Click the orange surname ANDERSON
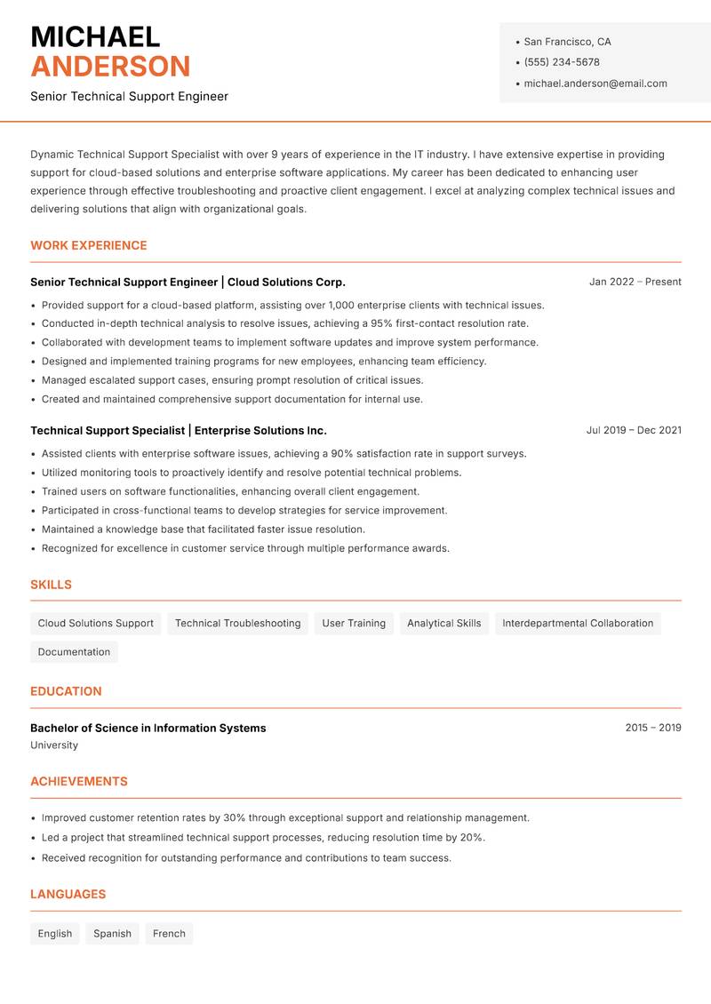point(110,67)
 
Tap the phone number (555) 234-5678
point(562,62)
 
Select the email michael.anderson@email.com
point(595,84)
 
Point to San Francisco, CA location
point(567,42)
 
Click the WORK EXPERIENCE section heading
point(89,245)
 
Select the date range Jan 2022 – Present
point(635,282)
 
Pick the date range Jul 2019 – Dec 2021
point(634,430)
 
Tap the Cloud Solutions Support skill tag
point(96,623)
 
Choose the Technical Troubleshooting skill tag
point(237,623)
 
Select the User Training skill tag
point(354,623)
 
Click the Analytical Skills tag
point(443,623)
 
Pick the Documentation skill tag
point(74,651)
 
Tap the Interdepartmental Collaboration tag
point(578,623)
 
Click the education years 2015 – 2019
point(652,728)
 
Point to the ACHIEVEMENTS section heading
point(79,781)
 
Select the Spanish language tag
point(112,933)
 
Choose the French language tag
point(169,933)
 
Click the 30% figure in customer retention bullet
point(235,817)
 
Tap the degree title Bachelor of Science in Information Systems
point(148,728)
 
